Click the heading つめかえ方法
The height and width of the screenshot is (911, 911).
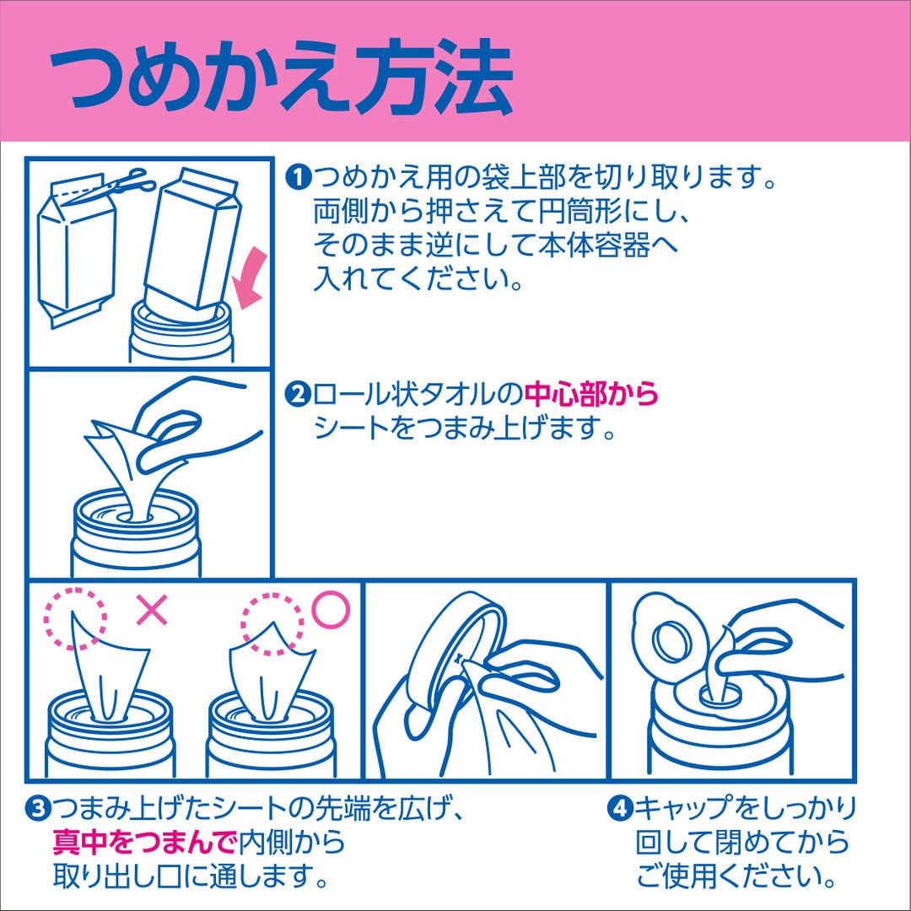tap(281, 78)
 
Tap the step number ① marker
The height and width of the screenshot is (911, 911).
tap(299, 177)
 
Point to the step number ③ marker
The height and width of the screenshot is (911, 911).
tap(38, 809)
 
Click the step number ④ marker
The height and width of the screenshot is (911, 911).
tap(620, 808)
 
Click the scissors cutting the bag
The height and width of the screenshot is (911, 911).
tap(124, 183)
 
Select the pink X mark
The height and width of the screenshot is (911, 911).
tap(152, 610)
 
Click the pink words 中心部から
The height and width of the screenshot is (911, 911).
tap(591, 395)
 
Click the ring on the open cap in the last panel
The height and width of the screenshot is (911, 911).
tap(673, 642)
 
